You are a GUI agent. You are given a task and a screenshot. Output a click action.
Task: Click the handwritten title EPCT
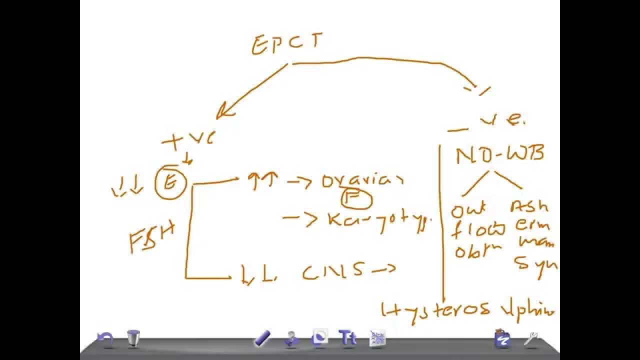286,44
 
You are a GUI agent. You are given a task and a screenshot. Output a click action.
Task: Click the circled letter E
171,183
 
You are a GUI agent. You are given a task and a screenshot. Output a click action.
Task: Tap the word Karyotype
378,220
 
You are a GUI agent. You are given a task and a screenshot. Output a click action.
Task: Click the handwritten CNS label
332,271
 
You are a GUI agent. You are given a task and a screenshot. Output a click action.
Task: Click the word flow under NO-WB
479,230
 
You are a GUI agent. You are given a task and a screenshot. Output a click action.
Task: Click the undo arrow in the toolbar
105,339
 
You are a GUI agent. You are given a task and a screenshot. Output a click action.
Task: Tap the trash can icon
133,338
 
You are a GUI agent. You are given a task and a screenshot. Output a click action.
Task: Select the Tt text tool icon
347,338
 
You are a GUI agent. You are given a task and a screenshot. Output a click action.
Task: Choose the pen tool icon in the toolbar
262,338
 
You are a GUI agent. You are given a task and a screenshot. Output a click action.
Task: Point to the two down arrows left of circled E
127,188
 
